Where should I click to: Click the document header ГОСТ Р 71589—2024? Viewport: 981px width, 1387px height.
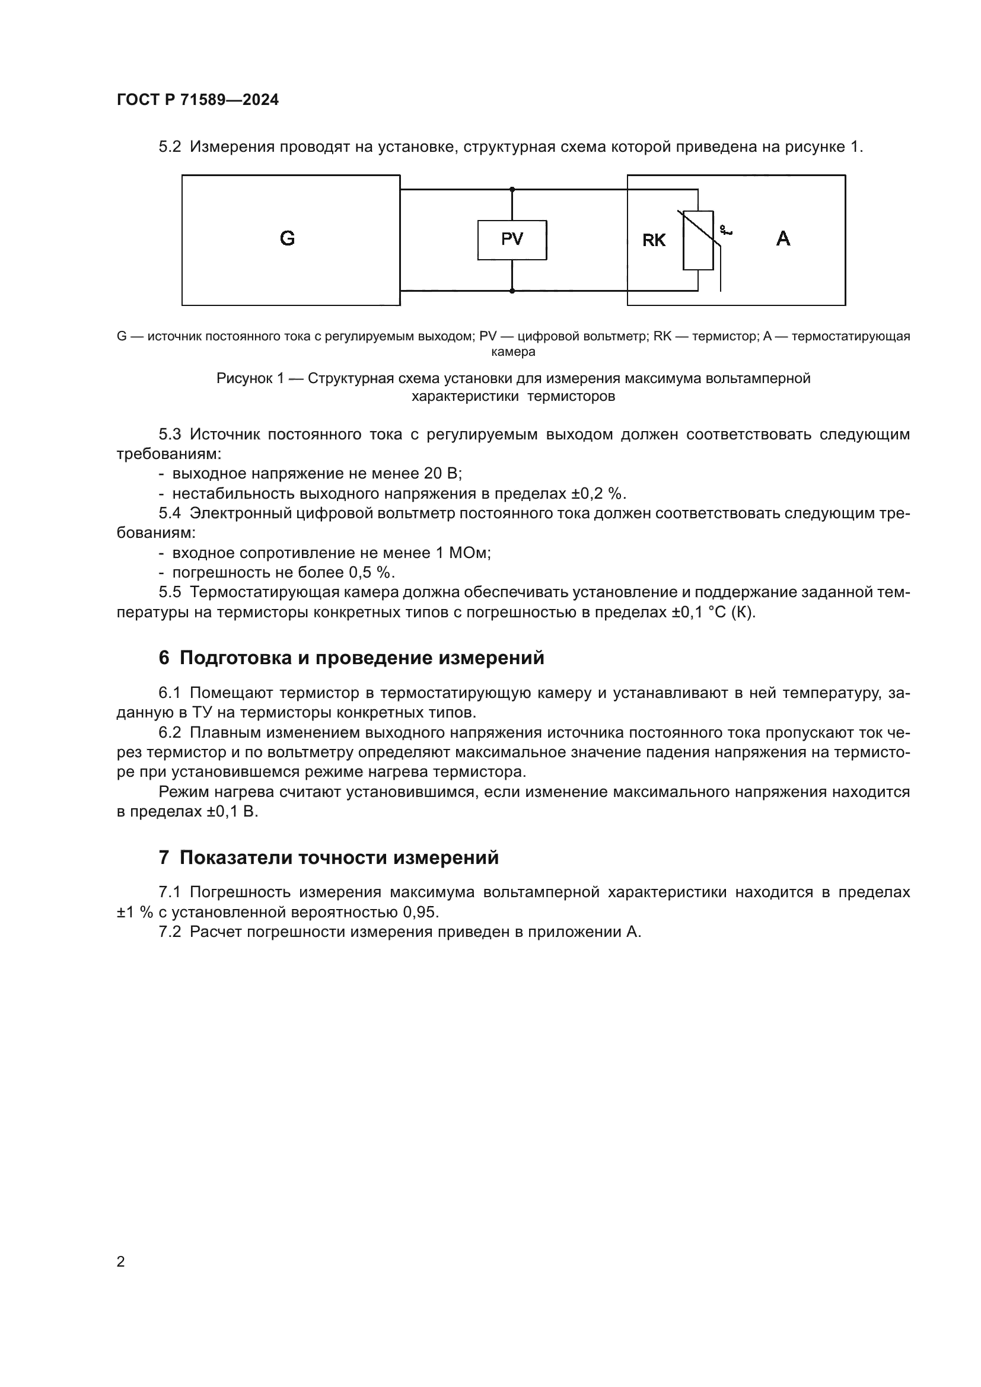[x=198, y=100]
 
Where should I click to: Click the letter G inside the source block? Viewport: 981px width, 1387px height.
[x=288, y=239]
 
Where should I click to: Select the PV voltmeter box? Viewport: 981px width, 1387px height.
[x=512, y=240]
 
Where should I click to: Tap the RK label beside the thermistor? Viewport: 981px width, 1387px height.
[x=654, y=241]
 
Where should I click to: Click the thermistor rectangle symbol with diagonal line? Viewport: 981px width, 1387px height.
[x=698, y=240]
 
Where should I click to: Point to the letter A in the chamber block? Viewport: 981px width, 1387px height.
[x=783, y=239]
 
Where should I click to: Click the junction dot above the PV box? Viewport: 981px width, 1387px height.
[x=512, y=190]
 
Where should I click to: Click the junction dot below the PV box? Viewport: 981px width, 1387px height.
[x=512, y=291]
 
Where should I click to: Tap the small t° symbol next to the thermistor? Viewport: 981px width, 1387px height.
[x=725, y=230]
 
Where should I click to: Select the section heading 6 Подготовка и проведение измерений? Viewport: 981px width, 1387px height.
[x=351, y=658]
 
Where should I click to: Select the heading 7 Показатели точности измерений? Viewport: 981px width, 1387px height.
[x=329, y=858]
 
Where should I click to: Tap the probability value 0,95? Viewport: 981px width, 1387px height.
[x=420, y=912]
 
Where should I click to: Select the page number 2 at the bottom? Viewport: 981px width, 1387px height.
[x=121, y=1262]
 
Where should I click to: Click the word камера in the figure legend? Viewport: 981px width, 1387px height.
[x=513, y=352]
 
